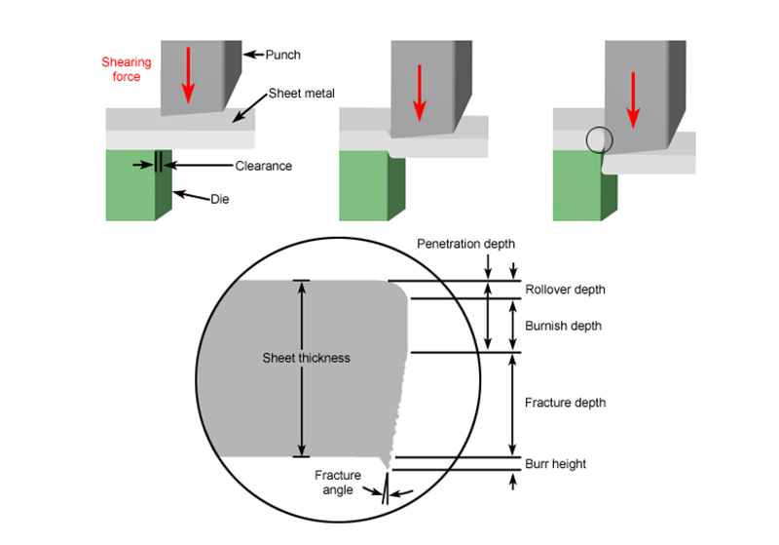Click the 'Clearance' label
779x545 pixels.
(x=263, y=166)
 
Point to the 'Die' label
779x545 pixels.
(x=221, y=199)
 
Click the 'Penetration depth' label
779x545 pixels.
(x=465, y=243)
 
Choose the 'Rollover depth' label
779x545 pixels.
(x=565, y=290)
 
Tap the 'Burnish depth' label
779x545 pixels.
(x=563, y=326)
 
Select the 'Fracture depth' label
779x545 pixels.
(x=565, y=403)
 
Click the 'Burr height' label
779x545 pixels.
(x=555, y=464)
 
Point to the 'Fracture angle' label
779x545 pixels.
(x=338, y=483)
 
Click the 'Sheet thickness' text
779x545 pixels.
(x=306, y=358)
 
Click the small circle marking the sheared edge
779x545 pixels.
(x=600, y=140)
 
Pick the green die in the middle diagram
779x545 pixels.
(x=363, y=190)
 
